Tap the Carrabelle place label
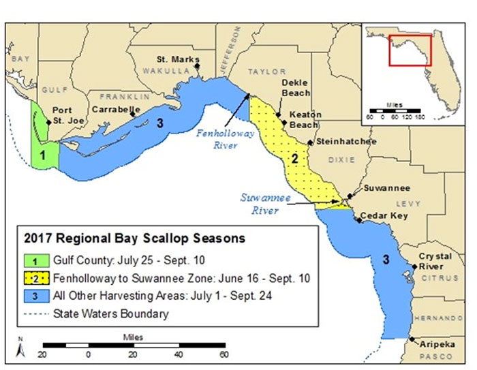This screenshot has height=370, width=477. [117, 109]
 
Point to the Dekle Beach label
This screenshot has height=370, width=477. [296, 88]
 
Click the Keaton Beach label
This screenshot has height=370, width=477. [304, 120]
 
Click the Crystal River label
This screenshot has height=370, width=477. [433, 260]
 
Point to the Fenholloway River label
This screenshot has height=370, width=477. [225, 138]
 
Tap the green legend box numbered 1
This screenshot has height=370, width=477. [32, 260]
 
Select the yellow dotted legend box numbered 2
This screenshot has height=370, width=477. [32, 278]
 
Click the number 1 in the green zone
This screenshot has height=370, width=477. [42, 155]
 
